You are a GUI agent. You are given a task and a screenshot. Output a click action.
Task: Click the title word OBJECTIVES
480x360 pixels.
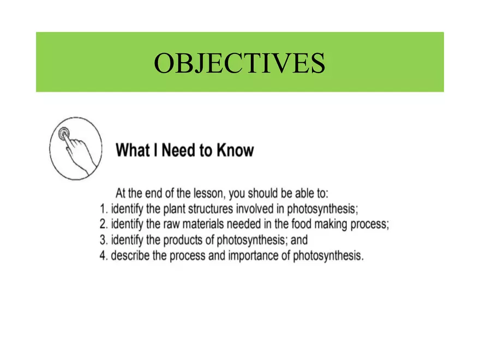(239, 63)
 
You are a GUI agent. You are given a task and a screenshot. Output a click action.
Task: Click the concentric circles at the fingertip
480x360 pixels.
(64, 134)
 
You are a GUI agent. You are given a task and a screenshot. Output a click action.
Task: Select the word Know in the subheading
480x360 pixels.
(236, 151)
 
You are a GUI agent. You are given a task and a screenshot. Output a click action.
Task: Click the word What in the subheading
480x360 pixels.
(133, 151)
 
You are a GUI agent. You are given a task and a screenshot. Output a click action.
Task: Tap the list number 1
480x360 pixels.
(104, 209)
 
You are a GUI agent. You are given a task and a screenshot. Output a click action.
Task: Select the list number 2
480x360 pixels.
(104, 224)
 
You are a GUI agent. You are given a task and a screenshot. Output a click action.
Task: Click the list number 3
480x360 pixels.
(104, 239)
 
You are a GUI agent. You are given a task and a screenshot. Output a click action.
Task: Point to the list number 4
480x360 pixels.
(104, 255)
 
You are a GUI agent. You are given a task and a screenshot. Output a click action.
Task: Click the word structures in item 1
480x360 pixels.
(211, 209)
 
